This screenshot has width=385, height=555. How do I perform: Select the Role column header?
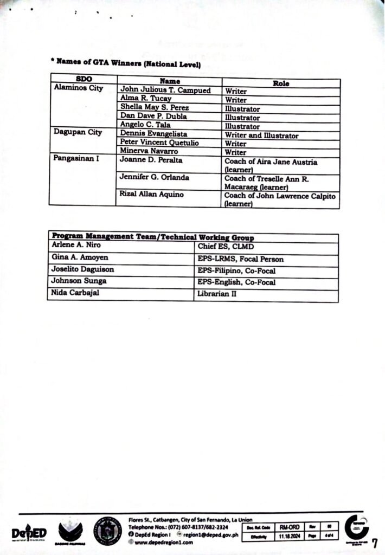[x=281, y=83]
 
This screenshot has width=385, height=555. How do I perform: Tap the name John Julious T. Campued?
[x=165, y=91]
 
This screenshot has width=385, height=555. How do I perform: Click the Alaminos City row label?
[x=78, y=89]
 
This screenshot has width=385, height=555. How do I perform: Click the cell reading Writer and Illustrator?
[x=261, y=135]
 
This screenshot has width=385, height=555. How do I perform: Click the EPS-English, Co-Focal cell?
[x=236, y=282]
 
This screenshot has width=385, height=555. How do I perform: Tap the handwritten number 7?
[x=374, y=542]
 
